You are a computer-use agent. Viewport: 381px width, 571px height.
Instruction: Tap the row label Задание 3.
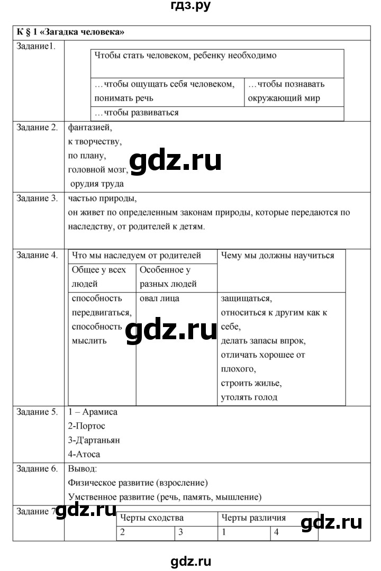pos(37,199)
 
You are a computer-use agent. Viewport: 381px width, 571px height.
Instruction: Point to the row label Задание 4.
pos(37,255)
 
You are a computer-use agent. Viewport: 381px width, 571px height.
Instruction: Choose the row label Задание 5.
pos(37,412)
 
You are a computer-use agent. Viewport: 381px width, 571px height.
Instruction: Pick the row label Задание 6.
pos(37,469)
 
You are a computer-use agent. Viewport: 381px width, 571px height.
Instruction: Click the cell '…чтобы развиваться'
pos(137,113)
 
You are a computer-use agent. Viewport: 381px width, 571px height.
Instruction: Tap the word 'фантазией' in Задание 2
pos(90,128)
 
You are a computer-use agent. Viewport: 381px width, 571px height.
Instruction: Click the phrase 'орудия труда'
pos(97,184)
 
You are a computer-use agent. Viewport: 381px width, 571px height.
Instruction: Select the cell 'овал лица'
pos(159,298)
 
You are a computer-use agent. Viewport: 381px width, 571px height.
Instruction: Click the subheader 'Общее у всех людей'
pos(99,277)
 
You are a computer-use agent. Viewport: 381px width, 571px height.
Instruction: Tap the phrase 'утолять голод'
pos(249,397)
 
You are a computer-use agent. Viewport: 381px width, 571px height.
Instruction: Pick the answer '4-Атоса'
pos(84,454)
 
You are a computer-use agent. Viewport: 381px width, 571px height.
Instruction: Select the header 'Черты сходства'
pos(152,518)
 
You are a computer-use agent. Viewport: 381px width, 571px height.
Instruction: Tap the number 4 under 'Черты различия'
pos(276,533)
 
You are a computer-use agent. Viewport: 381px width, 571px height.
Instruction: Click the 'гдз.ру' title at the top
pos(190,6)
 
